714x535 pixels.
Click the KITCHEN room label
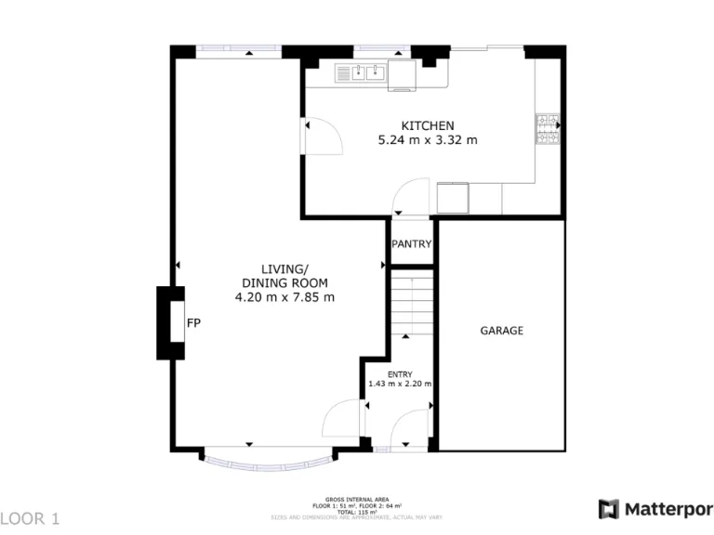tap(428, 126)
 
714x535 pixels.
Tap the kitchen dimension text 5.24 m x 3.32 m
tap(428, 141)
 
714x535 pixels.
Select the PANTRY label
tap(411, 245)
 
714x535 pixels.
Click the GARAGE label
tap(501, 331)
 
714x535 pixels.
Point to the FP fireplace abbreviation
tap(193, 323)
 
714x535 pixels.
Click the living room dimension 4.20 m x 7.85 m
tap(284, 297)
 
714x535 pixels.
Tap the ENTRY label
tap(400, 374)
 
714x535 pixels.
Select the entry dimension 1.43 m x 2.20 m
tap(400, 384)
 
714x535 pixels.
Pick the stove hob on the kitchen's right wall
tap(547, 128)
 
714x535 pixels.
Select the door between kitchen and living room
tap(321, 137)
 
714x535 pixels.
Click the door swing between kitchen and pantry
tap(407, 197)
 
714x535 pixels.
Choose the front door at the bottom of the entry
tap(409, 432)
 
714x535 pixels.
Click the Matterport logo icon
tap(608, 509)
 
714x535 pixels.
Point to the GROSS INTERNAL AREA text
tap(357, 499)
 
